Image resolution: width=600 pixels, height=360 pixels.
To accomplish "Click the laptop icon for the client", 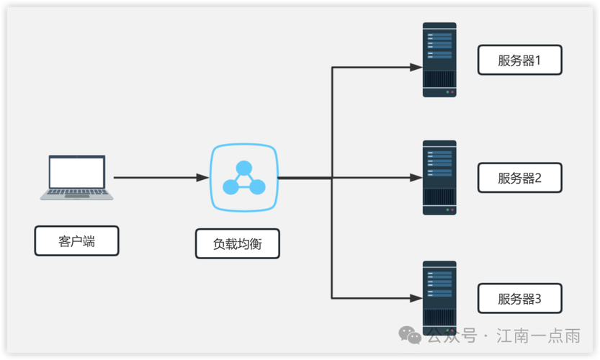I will coord(76,177).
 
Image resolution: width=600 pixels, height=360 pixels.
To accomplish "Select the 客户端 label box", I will coord(76,241).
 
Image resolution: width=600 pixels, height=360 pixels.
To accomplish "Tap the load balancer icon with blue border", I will coord(243,177).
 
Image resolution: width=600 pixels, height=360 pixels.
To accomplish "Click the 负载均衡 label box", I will coord(237,244).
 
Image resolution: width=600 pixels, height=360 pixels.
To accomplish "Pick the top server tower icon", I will coord(439,60).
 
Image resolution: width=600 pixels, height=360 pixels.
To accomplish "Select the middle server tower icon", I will coord(439,178).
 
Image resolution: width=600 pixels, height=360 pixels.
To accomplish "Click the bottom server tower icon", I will coord(439,297).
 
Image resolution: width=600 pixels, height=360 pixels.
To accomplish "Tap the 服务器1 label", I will coord(519,60).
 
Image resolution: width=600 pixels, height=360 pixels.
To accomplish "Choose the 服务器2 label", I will coord(519,178).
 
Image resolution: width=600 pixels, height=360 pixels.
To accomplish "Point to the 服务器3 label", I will coord(519,299).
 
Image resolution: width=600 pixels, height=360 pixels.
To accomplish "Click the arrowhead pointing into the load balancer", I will coord(203,177).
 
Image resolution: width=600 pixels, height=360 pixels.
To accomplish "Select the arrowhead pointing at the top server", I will coord(416,67).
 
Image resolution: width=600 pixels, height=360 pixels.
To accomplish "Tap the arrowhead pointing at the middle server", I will coord(416,177).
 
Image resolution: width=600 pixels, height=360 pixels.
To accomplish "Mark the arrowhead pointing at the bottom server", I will coord(416,297).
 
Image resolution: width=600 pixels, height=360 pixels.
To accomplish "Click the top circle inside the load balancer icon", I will coord(243,168).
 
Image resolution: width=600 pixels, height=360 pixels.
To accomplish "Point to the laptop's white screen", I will coord(76,172).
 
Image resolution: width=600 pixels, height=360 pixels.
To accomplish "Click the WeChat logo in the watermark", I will coord(411,336).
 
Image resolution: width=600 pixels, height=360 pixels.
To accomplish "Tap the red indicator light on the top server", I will coord(447,92).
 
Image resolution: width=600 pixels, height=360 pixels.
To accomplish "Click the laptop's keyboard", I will coord(76,193).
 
